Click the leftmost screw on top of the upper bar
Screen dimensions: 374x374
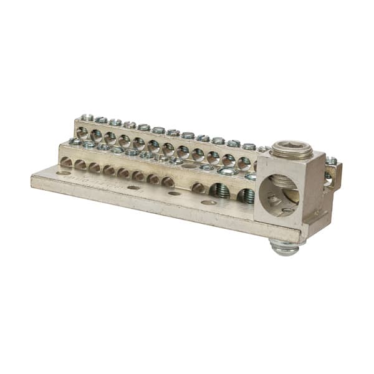[x=87, y=117]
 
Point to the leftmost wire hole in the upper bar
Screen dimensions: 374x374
[x=82, y=132]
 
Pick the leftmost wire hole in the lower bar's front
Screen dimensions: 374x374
[x=65, y=162]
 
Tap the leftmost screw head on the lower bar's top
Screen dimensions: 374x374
[x=75, y=141]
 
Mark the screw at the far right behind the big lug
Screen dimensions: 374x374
[x=331, y=161]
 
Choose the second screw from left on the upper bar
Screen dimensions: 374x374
[x=101, y=119]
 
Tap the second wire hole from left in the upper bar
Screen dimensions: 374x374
[x=96, y=135]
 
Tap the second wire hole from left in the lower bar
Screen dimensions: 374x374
[x=80, y=165]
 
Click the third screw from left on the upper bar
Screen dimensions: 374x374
[x=115, y=122]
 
